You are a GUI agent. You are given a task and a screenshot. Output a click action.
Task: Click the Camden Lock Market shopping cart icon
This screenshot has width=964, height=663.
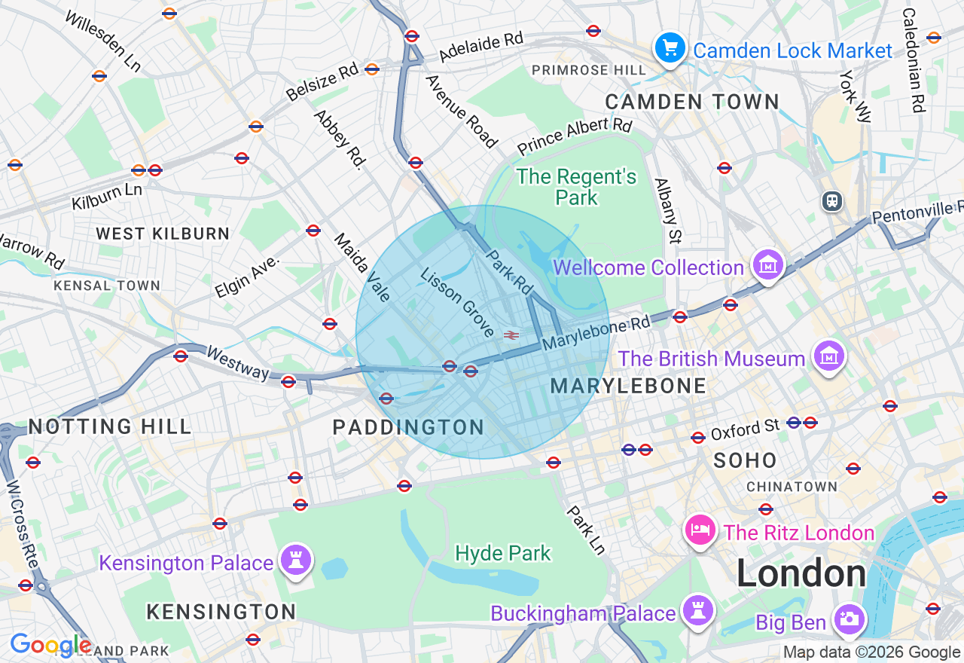coord(670,48)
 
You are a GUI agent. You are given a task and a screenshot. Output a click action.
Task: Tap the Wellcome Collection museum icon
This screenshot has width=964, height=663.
coord(768,264)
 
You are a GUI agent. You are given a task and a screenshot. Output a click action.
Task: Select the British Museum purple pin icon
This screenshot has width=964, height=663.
coord(829,356)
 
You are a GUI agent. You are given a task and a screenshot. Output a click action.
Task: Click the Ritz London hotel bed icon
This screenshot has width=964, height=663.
coord(700,530)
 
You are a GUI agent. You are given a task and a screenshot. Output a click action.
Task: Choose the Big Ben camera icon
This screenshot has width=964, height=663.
coord(849,620)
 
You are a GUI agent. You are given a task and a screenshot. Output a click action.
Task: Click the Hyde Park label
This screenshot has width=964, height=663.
coord(503,554)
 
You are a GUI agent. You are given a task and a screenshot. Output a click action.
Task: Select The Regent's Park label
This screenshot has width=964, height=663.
coord(576,187)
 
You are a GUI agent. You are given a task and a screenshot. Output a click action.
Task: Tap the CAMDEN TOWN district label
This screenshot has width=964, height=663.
coord(692,102)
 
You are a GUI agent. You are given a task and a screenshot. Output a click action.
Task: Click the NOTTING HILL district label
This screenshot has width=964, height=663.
coord(110,427)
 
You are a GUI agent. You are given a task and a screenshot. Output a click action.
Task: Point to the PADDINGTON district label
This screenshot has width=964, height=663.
coord(408,428)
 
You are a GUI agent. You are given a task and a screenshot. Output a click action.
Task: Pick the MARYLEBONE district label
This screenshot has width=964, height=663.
coord(628,386)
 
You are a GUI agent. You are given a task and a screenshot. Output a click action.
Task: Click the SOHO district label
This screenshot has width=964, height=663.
coord(745,460)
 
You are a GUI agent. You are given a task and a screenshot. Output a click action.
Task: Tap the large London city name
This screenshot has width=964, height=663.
coord(801,574)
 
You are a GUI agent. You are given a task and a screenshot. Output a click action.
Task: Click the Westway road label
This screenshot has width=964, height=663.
coord(237,362)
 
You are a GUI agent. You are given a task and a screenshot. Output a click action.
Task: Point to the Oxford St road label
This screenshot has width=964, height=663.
coord(745,429)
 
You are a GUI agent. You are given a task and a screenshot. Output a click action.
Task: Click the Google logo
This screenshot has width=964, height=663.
coord(50,645)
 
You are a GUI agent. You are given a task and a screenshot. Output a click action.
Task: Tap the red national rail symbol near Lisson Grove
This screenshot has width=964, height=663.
coord(511,335)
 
